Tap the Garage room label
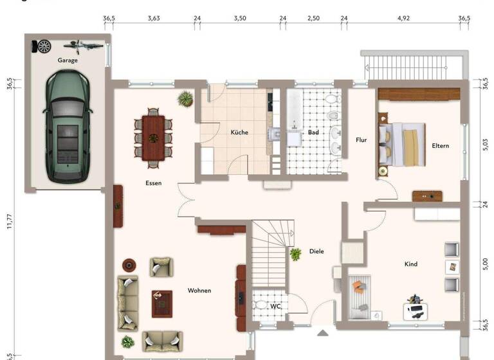[x=68, y=60]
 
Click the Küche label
[x=239, y=132]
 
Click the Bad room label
[x=313, y=132]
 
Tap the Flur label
[x=361, y=139]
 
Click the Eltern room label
[x=441, y=146]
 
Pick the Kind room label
[x=411, y=264]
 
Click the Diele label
[x=316, y=251]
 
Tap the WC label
[x=275, y=307]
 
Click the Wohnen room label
[x=199, y=291]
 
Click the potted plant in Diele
[x=296, y=254]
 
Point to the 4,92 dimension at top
[x=403, y=19]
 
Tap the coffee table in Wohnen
[x=161, y=303]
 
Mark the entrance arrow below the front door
[x=323, y=332]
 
